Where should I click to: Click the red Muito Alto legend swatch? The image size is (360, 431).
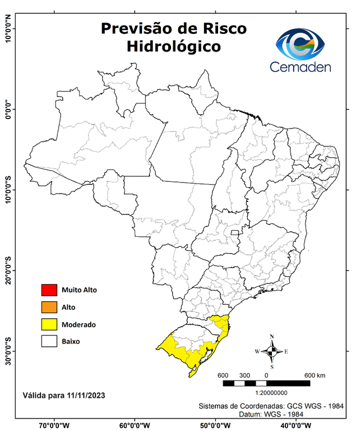[x=49, y=290]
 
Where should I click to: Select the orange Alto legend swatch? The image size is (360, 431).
[x=49, y=307]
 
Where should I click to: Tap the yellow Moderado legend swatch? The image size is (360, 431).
[x=49, y=324]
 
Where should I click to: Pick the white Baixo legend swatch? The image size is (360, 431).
[x=49, y=341]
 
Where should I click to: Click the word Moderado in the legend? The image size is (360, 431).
[x=79, y=324]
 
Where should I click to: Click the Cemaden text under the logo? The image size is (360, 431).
[x=301, y=67]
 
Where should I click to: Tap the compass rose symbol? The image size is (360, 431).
[x=272, y=351]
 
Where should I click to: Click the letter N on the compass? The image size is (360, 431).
[x=272, y=337]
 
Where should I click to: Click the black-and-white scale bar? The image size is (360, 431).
[x=266, y=383]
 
